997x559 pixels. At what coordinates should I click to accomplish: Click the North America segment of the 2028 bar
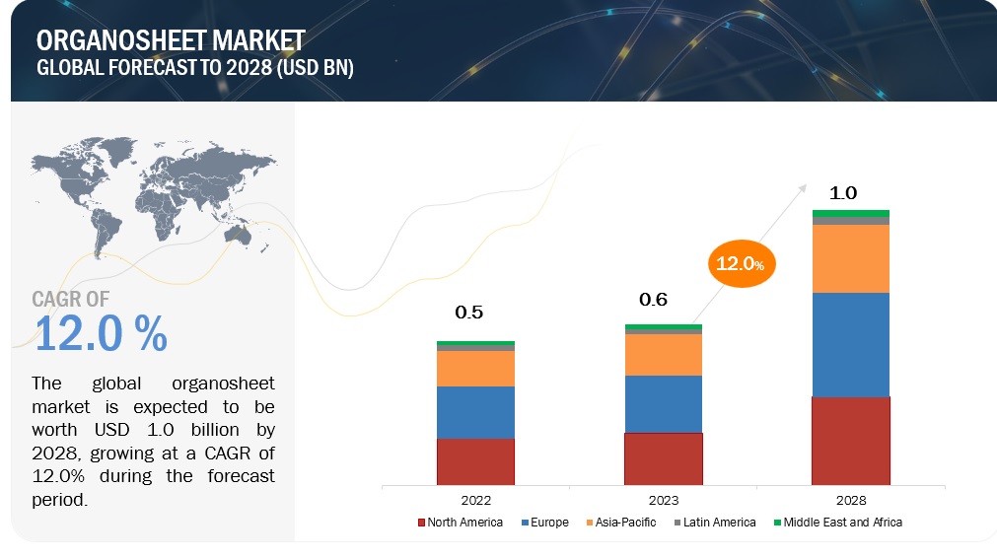(850, 441)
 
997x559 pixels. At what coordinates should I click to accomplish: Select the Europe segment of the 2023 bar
(663, 404)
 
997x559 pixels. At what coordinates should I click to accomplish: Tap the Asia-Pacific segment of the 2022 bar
(475, 369)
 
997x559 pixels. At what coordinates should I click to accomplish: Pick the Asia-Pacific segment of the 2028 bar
(850, 258)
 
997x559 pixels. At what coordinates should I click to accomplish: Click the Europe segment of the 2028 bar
(850, 344)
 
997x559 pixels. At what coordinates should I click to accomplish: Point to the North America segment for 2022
(475, 461)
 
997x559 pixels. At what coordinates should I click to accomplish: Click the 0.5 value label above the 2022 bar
(469, 313)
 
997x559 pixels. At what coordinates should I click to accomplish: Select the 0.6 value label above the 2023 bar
(656, 299)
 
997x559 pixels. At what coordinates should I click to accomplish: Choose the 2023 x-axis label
(664, 500)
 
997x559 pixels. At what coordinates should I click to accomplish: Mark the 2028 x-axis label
(851, 500)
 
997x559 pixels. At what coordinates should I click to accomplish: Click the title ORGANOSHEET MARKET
(171, 40)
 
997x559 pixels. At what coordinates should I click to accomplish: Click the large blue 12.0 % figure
(101, 335)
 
